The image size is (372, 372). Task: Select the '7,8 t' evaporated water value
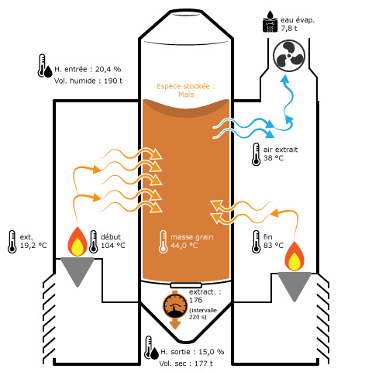(x=289, y=29)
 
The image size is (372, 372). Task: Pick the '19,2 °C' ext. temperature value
(x=33, y=246)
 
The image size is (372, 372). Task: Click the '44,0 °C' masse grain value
(x=184, y=246)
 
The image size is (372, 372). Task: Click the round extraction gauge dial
(x=175, y=306)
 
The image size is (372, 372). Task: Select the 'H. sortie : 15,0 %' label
(x=191, y=351)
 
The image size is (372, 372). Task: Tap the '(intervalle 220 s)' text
(x=204, y=313)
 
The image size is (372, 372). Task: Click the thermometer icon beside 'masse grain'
(x=163, y=240)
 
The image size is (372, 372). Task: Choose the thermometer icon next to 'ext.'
(x=12, y=241)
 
